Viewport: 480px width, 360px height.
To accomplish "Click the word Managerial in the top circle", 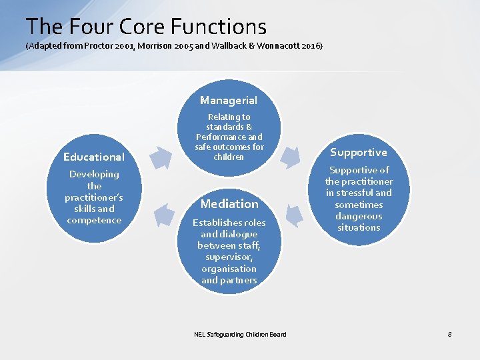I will click(x=229, y=101).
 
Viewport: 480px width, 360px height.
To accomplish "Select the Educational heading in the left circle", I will click(x=94, y=157).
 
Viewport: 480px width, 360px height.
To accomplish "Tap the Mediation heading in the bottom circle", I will click(x=229, y=204).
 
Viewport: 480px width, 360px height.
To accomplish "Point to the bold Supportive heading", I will click(x=359, y=153).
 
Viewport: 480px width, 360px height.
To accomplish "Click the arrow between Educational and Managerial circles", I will click(x=159, y=157).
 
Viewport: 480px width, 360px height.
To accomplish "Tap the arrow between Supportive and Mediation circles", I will click(x=294, y=215).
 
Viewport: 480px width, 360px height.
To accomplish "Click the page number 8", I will click(x=449, y=334).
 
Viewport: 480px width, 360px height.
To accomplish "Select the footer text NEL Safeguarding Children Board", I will click(x=240, y=334).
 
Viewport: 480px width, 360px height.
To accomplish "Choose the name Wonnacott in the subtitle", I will click(x=270, y=47).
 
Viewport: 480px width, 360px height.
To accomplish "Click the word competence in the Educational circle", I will click(x=94, y=221).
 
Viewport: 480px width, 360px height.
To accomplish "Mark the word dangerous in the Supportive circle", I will click(x=359, y=216).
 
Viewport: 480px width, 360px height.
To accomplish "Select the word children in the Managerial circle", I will click(x=229, y=157).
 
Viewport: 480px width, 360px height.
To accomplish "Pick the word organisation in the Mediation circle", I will click(x=229, y=269).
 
